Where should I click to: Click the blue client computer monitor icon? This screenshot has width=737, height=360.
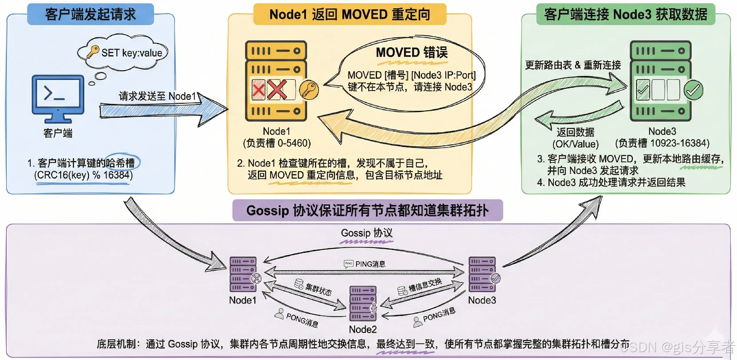click(58, 95)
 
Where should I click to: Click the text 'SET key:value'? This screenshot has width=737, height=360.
click(132, 53)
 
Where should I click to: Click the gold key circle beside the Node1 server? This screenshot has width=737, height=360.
click(309, 89)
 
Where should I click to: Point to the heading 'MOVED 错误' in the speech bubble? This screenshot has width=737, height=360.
click(412, 52)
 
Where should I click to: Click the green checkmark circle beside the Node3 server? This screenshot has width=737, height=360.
click(693, 90)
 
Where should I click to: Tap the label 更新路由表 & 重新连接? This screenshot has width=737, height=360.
click(573, 65)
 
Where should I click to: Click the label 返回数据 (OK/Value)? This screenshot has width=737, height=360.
click(575, 138)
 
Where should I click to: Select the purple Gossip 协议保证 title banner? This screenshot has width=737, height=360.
click(368, 210)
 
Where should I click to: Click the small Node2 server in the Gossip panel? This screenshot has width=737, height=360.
click(363, 303)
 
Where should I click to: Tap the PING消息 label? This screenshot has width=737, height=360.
click(370, 264)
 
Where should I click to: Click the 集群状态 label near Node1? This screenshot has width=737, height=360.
click(318, 289)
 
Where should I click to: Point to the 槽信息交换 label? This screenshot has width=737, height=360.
click(425, 285)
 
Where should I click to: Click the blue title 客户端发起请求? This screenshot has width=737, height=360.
click(91, 14)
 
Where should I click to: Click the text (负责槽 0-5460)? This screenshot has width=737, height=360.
click(277, 143)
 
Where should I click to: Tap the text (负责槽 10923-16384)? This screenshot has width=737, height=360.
click(662, 143)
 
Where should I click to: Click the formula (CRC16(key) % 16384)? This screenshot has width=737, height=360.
click(83, 175)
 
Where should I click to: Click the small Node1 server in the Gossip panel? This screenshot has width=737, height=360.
click(243, 274)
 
